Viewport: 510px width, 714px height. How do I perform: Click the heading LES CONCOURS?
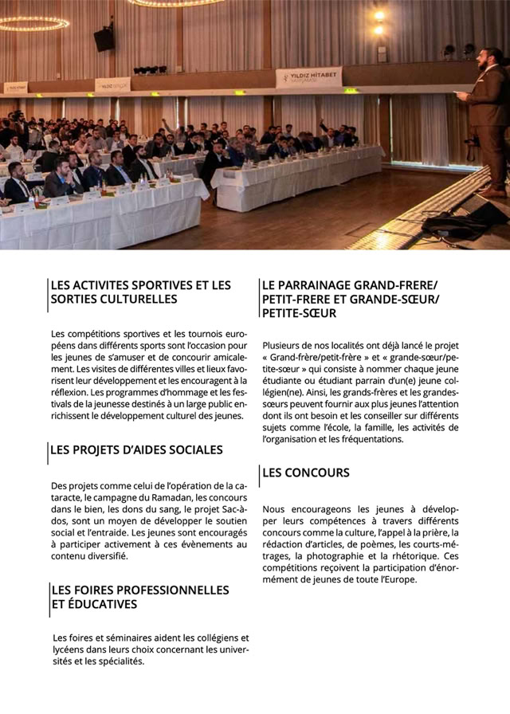(x=305, y=473)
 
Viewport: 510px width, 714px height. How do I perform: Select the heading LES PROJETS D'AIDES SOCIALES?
(x=136, y=450)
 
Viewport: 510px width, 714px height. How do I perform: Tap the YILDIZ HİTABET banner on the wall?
(x=309, y=76)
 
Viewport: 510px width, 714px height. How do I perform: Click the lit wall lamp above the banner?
(x=379, y=17)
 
